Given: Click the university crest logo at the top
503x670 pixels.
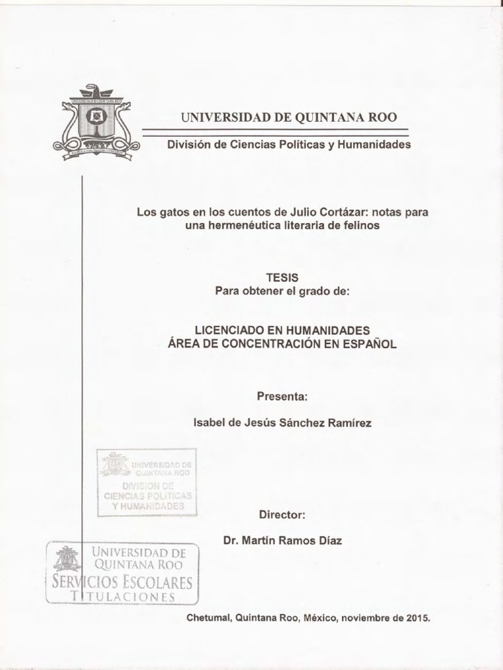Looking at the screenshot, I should point(96,122).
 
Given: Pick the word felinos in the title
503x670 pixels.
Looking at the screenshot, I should point(361,225).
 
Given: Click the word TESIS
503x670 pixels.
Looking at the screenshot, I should point(282,278).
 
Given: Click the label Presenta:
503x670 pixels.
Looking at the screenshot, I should point(282,397).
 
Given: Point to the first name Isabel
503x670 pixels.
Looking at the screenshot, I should point(209,423).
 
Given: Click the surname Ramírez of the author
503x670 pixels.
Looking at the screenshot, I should point(349,423).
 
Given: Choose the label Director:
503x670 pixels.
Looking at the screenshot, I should point(282,515).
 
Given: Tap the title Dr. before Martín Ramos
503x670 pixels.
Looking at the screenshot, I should point(232,541).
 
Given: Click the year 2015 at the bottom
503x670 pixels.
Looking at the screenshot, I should point(417,617).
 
